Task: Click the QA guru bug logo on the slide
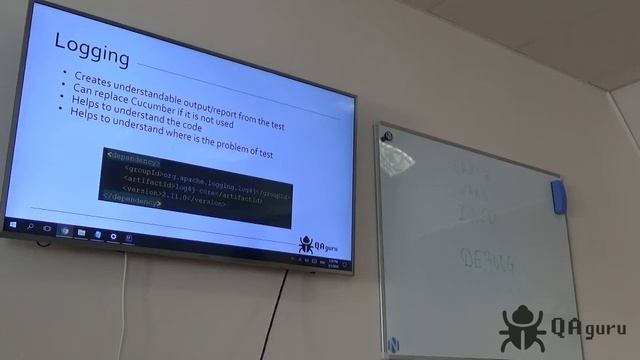[308, 244]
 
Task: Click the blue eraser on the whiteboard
[558, 195]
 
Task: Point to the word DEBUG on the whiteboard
[488, 263]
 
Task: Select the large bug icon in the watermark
[523, 327]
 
